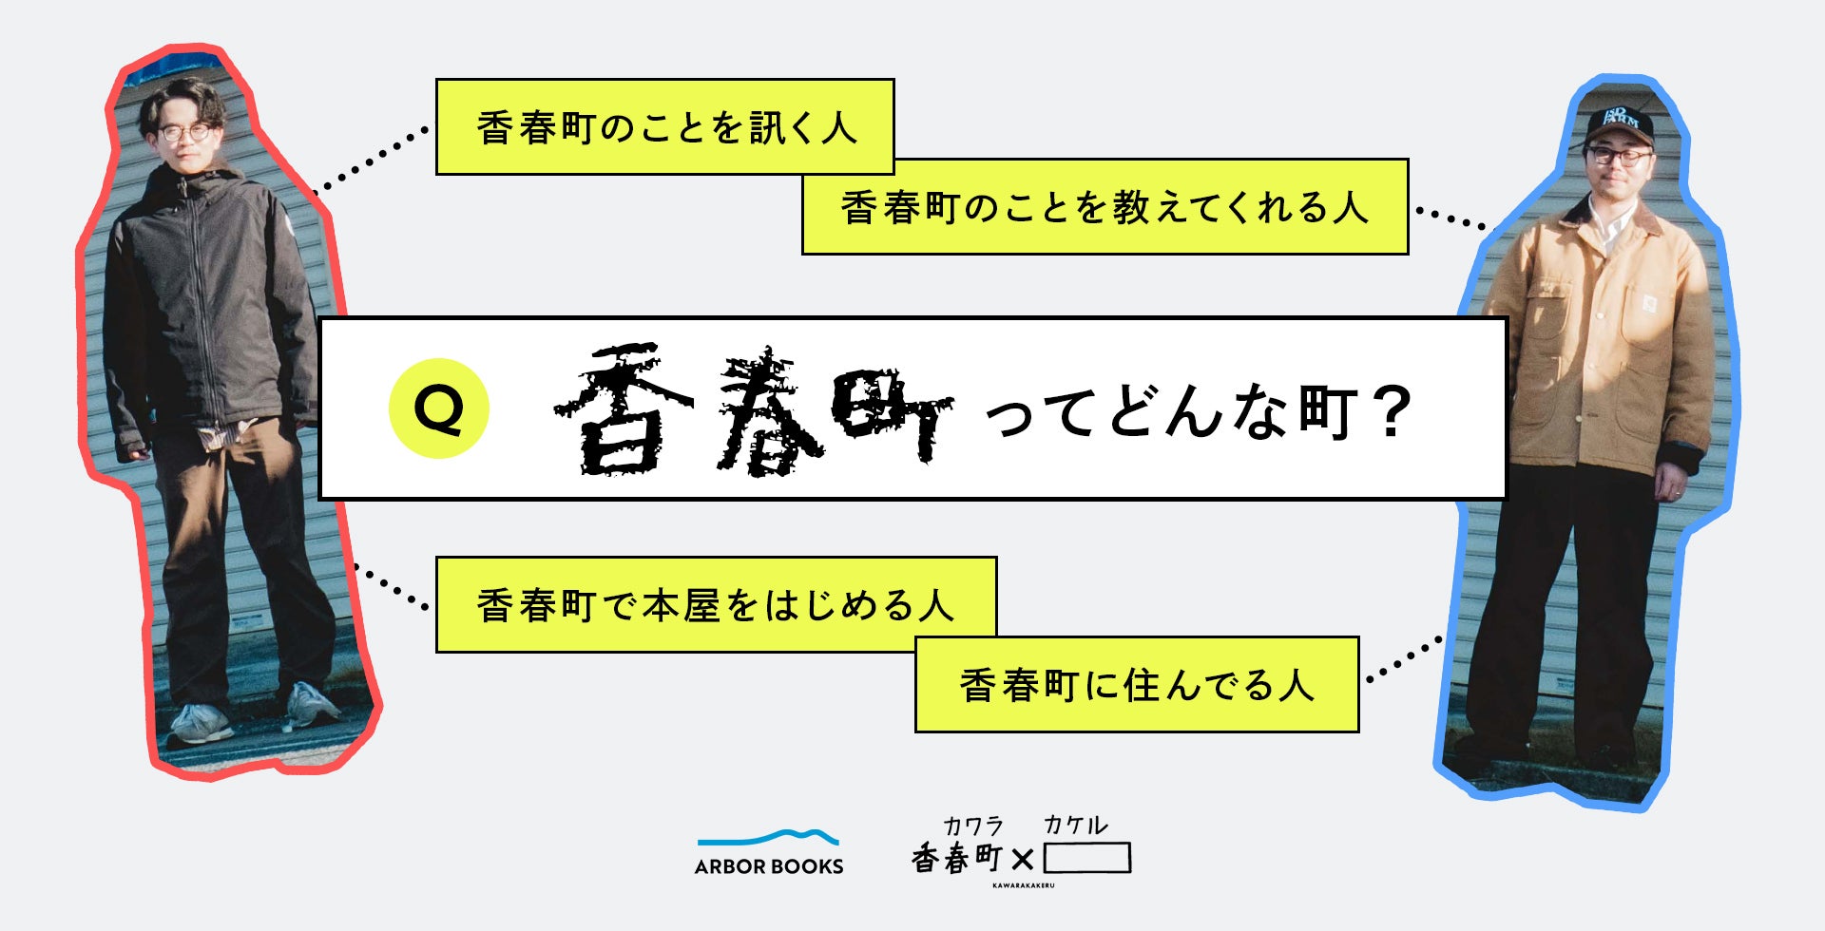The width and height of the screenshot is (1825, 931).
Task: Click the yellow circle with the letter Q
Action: pyautogui.click(x=438, y=408)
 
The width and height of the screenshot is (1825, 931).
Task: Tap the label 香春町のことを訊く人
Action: pyautogui.click(x=664, y=127)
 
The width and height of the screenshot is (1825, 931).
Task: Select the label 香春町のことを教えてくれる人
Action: pyautogui.click(x=1105, y=207)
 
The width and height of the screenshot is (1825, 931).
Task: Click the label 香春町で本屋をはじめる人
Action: pyautogui.click(x=716, y=605)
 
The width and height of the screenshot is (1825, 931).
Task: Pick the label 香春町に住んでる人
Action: pyautogui.click(x=1137, y=685)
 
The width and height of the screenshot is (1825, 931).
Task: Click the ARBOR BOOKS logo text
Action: pyautogui.click(x=769, y=866)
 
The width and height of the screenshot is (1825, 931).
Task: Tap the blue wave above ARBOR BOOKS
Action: pyautogui.click(x=768, y=838)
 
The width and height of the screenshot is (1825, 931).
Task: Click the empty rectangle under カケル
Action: pyautogui.click(x=1086, y=858)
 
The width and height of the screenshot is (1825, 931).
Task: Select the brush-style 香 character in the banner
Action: pyautogui.click(x=623, y=410)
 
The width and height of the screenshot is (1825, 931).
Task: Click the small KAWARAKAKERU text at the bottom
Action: pyautogui.click(x=1023, y=885)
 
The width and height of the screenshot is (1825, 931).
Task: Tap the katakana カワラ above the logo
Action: pyautogui.click(x=972, y=826)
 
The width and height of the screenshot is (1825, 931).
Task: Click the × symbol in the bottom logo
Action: pyautogui.click(x=1023, y=860)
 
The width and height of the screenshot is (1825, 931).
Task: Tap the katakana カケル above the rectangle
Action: pyautogui.click(x=1075, y=826)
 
